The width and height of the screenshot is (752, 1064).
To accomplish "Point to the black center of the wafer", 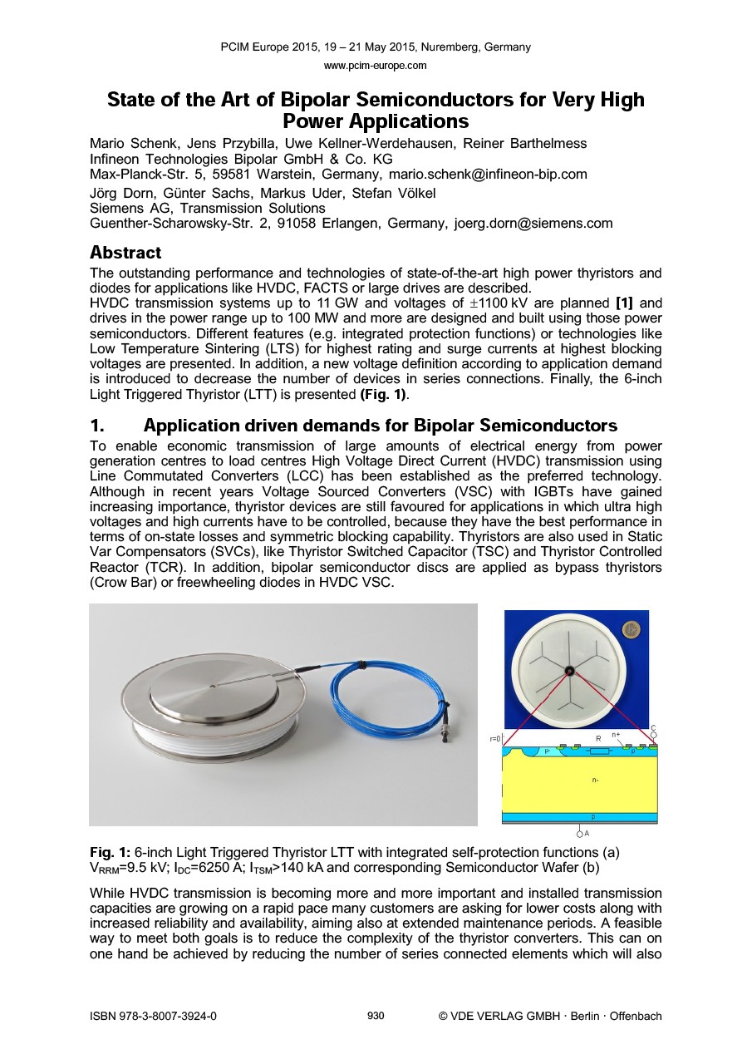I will pos(569,672).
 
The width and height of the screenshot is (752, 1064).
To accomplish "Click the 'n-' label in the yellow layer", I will pos(593,781).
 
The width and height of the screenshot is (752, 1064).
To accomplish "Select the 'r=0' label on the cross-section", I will pos(495,738).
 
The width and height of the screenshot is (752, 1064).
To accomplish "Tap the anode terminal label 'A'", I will pos(586,832).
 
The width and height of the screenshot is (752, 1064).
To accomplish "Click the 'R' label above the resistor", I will pos(598,737).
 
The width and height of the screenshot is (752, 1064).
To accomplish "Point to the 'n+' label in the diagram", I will pos(616,734).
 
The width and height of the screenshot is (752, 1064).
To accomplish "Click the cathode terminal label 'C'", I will pos(653,728).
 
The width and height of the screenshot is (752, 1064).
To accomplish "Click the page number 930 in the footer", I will pos(376,1015).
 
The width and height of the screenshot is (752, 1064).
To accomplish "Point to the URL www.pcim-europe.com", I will pos(376,65).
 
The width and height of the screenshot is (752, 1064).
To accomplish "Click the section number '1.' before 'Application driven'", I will pos(97,426).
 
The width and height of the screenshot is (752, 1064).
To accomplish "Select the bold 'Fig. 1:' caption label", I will pos(110,853).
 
